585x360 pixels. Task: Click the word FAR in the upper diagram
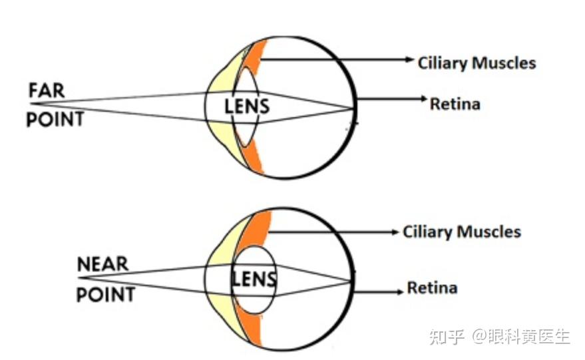pos(47,90)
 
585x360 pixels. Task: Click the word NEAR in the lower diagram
pos(102,264)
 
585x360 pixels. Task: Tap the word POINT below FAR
pos(55,120)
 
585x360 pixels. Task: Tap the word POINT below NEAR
pos(106,293)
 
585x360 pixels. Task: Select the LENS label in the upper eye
pos(247,105)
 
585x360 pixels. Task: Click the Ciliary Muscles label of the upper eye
pos(477,63)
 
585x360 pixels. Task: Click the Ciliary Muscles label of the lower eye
pos(462,232)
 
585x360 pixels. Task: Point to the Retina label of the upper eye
pos(455,104)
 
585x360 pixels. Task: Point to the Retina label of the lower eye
pos(432,288)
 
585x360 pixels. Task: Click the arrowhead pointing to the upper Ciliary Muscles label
pos(411,60)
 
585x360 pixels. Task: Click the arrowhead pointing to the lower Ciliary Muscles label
pos(395,232)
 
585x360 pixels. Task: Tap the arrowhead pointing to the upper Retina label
pos(423,99)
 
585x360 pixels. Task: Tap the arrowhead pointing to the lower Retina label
pos(400,290)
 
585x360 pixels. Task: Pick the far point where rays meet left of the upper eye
pos(32,104)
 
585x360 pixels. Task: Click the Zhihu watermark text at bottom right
pos(499,336)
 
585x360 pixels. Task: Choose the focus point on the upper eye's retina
pos(353,108)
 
